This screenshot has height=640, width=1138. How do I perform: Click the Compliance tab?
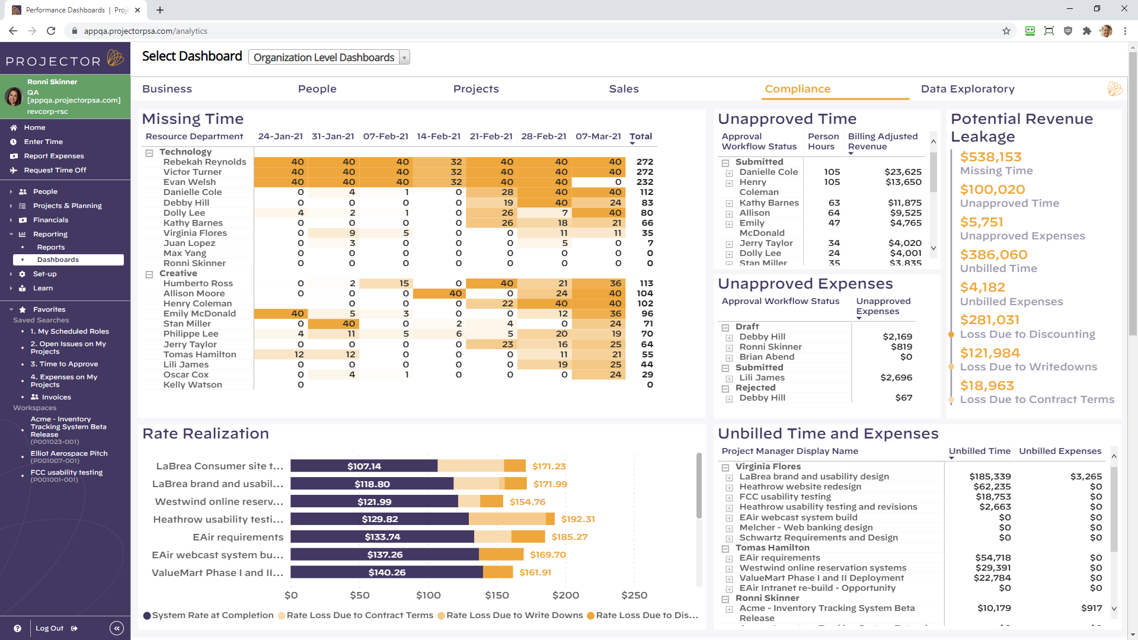click(x=797, y=89)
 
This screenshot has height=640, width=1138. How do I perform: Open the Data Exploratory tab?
click(x=967, y=89)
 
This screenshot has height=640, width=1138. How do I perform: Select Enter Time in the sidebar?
click(x=43, y=142)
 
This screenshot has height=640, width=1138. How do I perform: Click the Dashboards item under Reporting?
click(x=58, y=260)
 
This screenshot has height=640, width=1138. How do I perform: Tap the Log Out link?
click(x=49, y=628)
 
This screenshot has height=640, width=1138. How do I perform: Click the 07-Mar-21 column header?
click(x=598, y=136)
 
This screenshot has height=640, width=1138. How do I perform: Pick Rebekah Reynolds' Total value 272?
click(x=644, y=162)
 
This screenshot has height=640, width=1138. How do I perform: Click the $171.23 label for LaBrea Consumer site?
click(x=549, y=466)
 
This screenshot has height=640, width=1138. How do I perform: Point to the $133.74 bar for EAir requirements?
click(x=382, y=537)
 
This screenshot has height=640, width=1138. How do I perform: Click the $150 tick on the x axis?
click(x=497, y=595)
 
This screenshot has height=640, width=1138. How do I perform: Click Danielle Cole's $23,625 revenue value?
click(x=902, y=172)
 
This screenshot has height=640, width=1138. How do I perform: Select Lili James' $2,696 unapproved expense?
click(x=896, y=377)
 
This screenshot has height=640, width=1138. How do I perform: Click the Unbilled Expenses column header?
click(x=1060, y=451)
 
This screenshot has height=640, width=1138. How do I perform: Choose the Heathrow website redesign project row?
click(x=800, y=487)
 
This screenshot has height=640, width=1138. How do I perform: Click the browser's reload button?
click(x=51, y=31)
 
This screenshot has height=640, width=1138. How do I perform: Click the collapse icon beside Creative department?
click(x=149, y=274)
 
